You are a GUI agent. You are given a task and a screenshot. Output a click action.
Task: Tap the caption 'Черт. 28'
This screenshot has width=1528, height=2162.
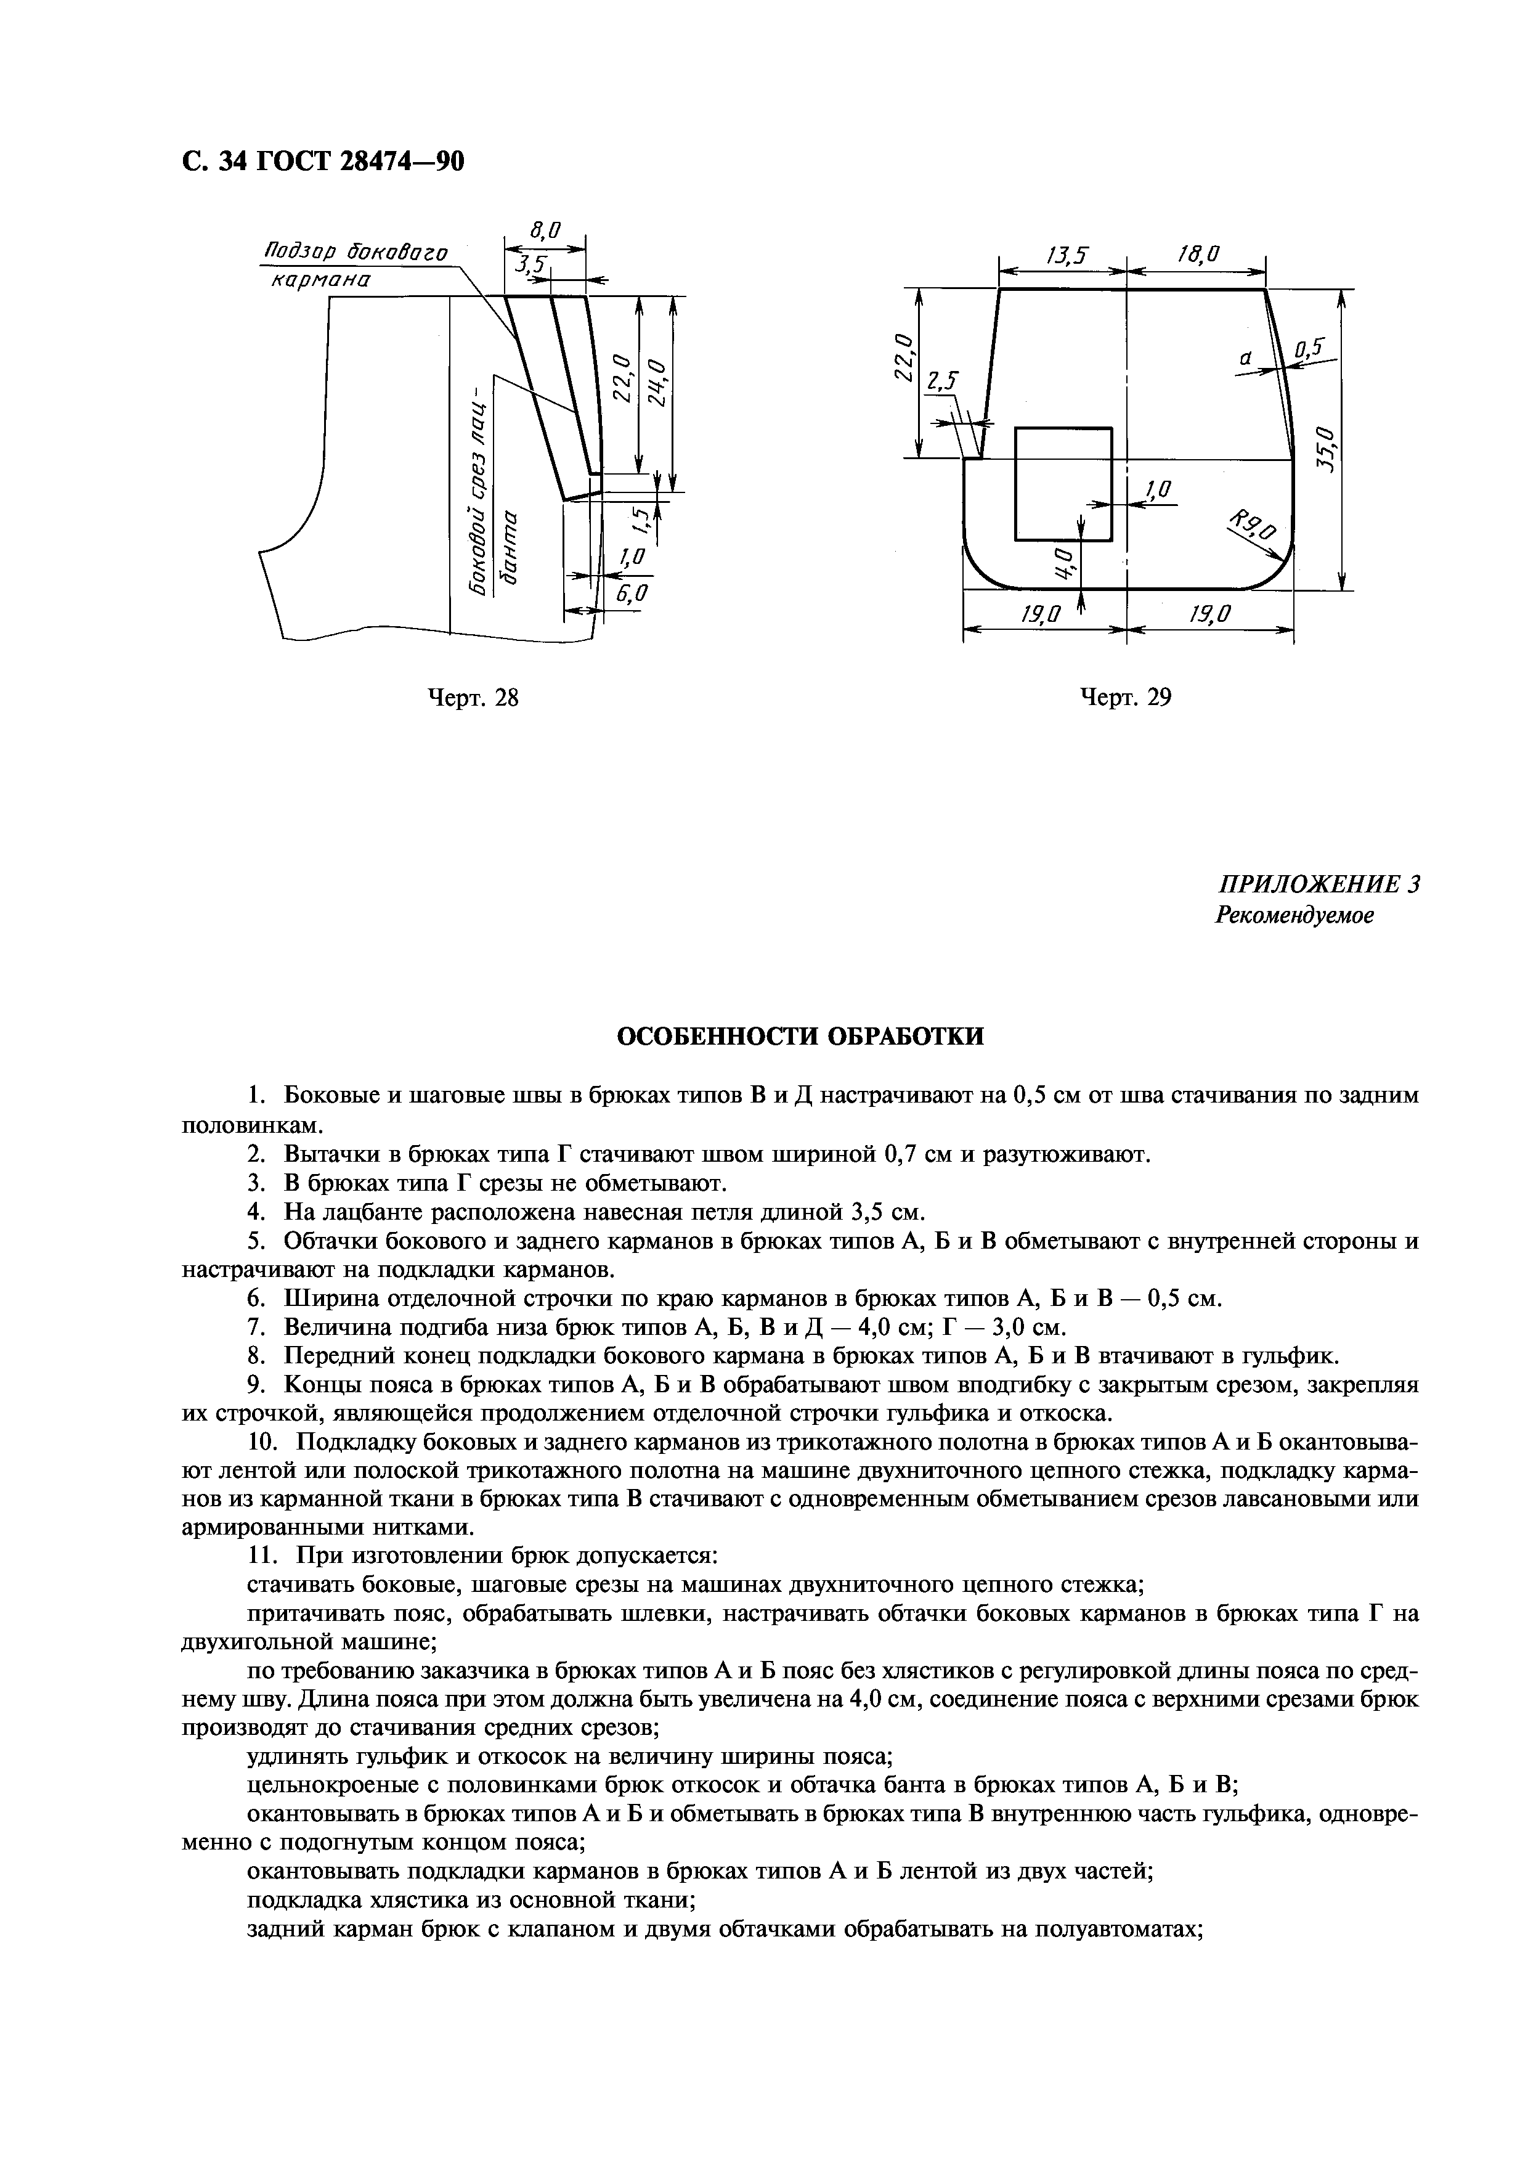pos(474,698)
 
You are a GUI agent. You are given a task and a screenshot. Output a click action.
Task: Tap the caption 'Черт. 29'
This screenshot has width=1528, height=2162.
pos(1125,698)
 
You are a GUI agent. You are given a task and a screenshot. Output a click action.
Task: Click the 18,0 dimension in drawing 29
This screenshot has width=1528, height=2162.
pos(1198,255)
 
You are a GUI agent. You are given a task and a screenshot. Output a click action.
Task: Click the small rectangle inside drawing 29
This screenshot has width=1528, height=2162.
pos(1063,484)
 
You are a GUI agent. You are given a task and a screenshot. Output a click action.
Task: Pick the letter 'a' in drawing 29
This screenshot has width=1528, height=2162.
pos(1245,359)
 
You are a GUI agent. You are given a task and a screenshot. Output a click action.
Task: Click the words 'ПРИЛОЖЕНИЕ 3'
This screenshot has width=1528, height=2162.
pos(1318,885)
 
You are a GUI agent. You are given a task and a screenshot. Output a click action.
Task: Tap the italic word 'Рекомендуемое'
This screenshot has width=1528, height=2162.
pos(1294,915)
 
